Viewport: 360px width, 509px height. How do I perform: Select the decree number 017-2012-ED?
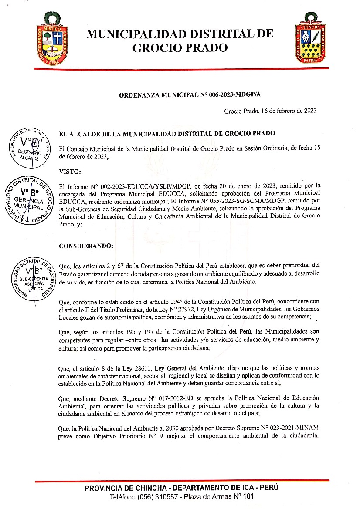pos(173,398)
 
